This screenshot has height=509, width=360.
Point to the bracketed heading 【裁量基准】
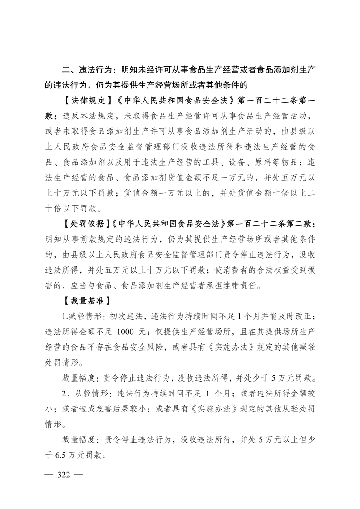pos(85,300)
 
